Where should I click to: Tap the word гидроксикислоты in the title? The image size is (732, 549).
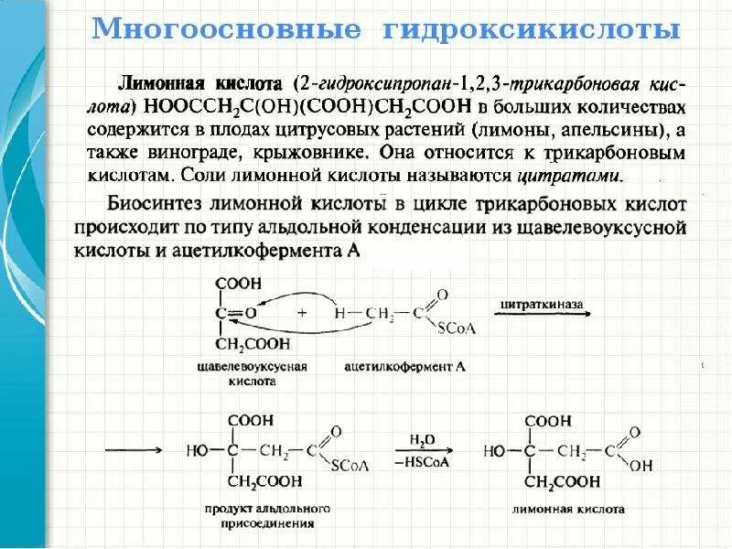pos(533,31)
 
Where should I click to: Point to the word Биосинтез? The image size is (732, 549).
pos(160,203)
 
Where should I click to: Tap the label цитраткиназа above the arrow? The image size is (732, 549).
pos(541,302)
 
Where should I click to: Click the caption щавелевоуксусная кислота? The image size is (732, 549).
pos(252,373)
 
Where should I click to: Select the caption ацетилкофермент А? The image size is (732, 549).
pos(405,366)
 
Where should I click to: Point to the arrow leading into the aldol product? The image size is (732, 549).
pos(135,451)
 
